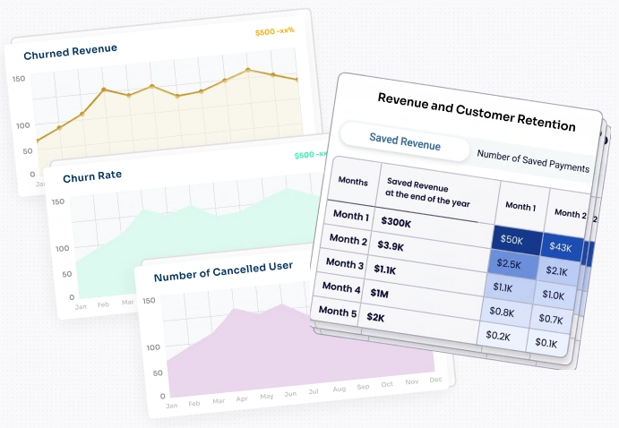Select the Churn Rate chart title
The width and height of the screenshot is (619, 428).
pyautogui.click(x=92, y=176)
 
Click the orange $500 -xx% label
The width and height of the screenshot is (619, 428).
pyautogui.click(x=274, y=32)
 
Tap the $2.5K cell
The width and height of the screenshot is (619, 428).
pyautogui.click(x=511, y=266)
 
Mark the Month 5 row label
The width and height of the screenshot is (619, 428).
pyautogui.click(x=338, y=312)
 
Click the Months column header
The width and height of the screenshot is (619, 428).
pyautogui.click(x=352, y=181)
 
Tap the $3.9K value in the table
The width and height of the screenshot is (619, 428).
pyautogui.click(x=393, y=246)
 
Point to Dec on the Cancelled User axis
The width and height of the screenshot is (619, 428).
pyautogui.click(x=435, y=380)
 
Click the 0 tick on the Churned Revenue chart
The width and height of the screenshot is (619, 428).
pyautogui.click(x=32, y=174)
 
